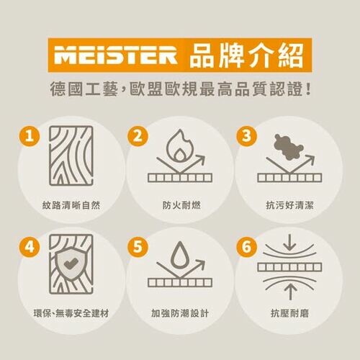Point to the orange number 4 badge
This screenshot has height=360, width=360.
28,246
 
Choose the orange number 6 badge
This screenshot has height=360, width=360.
247,246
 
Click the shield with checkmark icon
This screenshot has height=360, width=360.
71,264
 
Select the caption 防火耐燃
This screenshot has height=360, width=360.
180,206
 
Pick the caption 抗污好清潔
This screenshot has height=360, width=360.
288,206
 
